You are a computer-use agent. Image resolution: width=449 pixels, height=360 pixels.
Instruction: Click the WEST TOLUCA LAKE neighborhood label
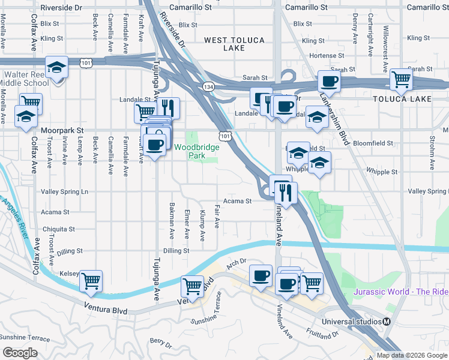(x=232, y=44)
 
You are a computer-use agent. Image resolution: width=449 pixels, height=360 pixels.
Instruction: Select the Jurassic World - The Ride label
(x=401, y=292)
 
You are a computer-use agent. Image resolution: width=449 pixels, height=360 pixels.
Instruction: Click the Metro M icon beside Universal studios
(x=387, y=321)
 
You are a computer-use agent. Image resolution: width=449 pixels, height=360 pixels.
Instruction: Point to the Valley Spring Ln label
(x=64, y=191)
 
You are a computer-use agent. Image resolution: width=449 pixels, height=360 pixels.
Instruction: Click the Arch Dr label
(x=237, y=263)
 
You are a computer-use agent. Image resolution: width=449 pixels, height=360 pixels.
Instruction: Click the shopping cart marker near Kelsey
(x=91, y=281)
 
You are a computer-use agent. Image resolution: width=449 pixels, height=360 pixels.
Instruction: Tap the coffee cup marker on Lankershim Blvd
(x=329, y=80)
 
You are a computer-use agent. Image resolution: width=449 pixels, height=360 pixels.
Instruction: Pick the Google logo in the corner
(x=20, y=352)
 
